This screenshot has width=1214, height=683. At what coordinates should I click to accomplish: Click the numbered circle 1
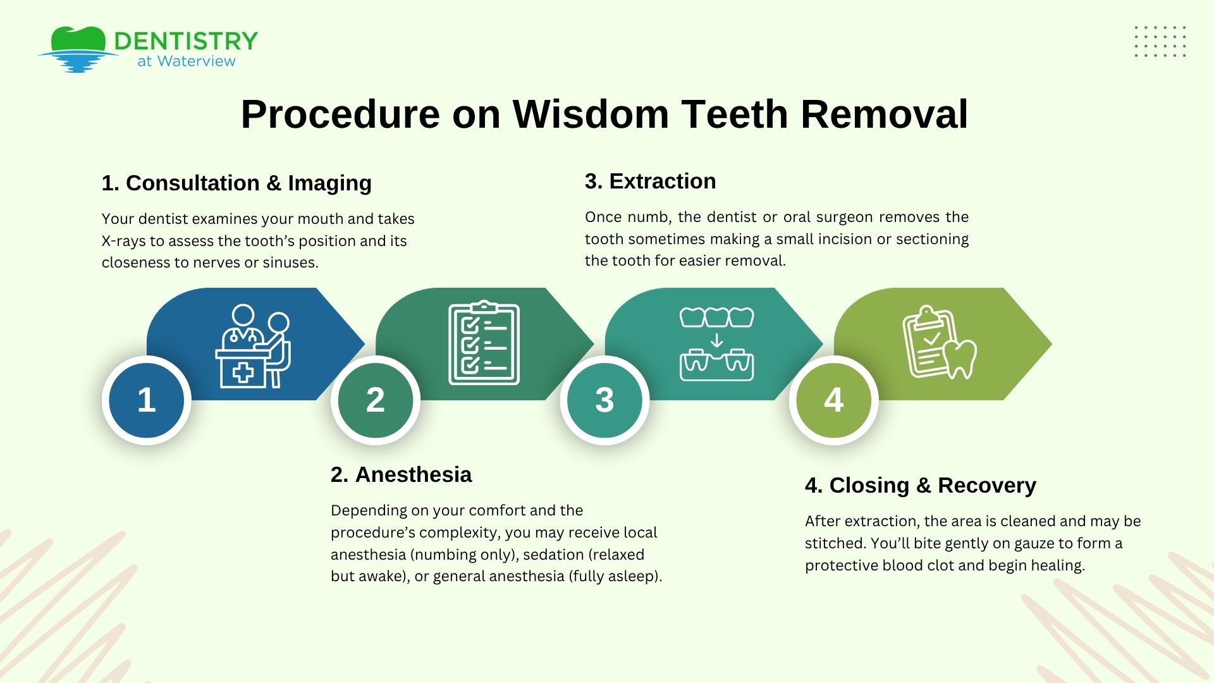[x=147, y=400]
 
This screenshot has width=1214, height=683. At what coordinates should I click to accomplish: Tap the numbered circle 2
[x=376, y=400]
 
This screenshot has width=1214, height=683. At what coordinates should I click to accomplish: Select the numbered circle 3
[x=604, y=400]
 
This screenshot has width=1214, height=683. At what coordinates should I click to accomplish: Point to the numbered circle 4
[x=833, y=400]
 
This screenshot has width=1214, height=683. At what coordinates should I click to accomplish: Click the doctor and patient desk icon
[x=253, y=346]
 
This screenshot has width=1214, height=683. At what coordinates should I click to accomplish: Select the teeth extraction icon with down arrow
[x=716, y=344]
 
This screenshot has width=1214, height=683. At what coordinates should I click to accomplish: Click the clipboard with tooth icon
[x=938, y=343]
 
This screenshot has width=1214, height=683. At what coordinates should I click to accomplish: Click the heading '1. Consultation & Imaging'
[x=236, y=183]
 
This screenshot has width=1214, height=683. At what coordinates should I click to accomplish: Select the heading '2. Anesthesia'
[x=401, y=474]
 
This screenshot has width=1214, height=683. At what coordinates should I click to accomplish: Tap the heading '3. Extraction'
[x=650, y=181]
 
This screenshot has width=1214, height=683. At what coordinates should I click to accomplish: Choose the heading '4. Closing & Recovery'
[x=920, y=485]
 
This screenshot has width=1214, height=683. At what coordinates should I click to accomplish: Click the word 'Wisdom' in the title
[x=590, y=114]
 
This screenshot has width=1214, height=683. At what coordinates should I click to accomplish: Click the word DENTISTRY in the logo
[x=186, y=41]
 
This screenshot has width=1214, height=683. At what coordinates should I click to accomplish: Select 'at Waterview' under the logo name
[x=187, y=61]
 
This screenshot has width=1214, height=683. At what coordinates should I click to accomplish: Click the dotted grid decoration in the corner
[x=1160, y=42]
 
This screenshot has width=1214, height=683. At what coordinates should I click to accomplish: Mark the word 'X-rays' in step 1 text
[x=123, y=241]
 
